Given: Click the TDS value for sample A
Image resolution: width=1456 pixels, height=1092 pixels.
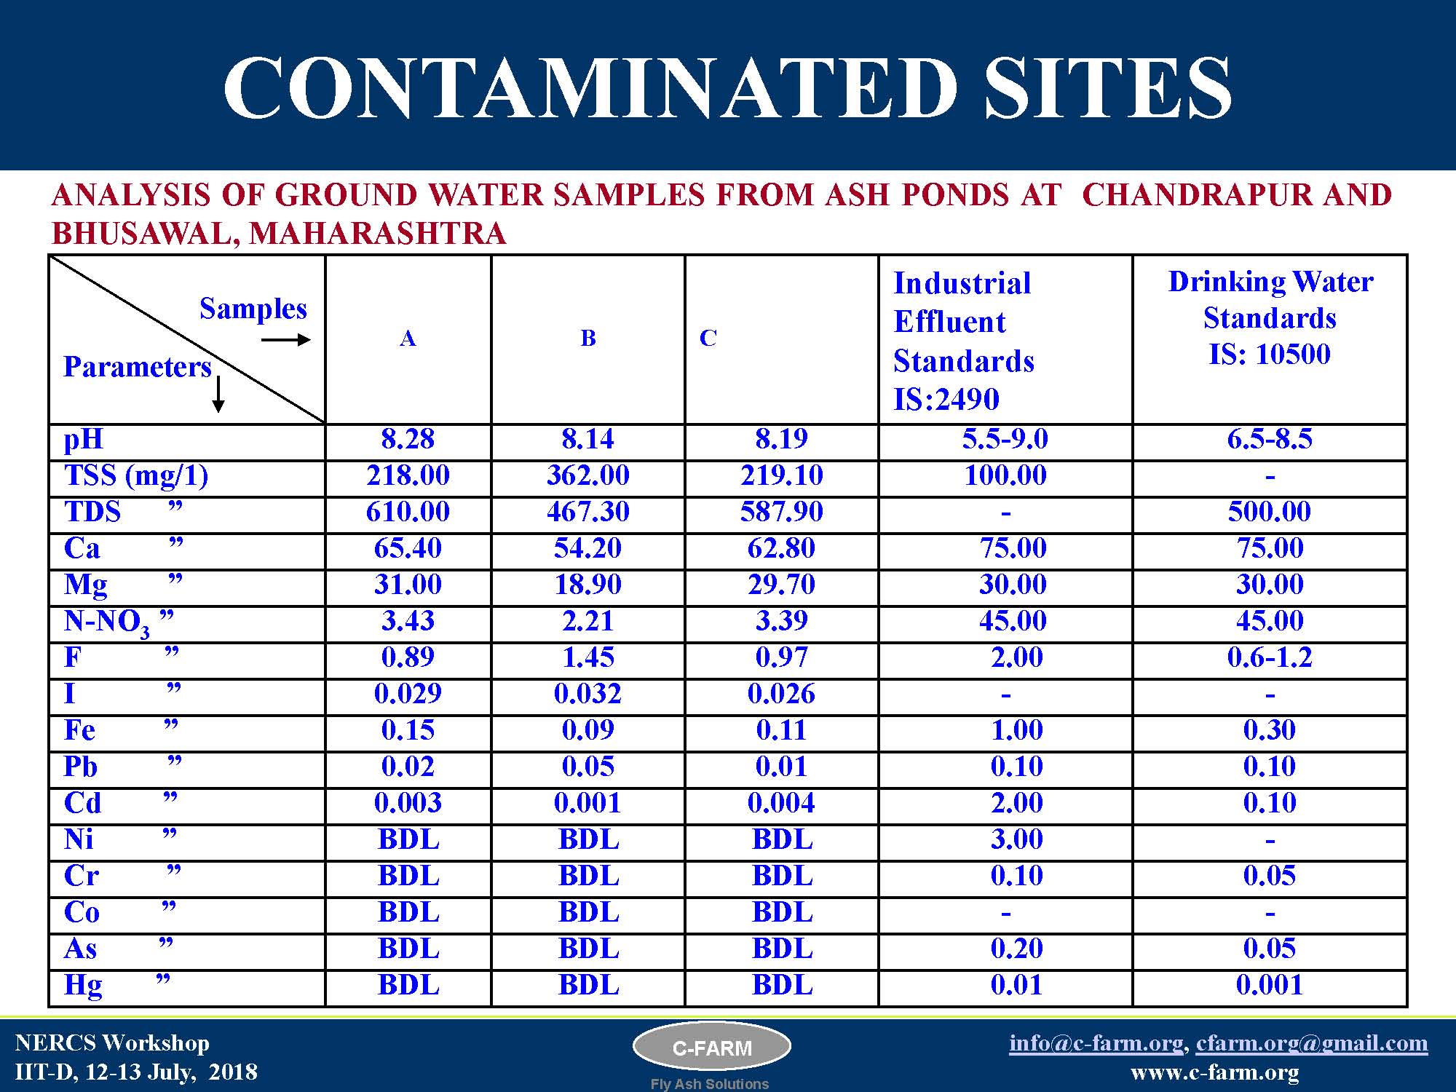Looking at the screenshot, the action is pyautogui.click(x=408, y=512).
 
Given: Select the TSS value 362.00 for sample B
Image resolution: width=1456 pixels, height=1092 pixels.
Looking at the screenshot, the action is pyautogui.click(x=588, y=475).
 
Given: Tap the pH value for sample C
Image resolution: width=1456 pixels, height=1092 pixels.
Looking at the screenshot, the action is pyautogui.click(x=782, y=439).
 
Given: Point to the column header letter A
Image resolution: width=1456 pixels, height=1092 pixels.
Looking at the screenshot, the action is pyautogui.click(x=408, y=339).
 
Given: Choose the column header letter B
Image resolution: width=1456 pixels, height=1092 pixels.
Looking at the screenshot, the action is pyautogui.click(x=588, y=338).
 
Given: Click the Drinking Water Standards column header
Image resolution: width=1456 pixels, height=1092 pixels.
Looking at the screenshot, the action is pyautogui.click(x=1270, y=318).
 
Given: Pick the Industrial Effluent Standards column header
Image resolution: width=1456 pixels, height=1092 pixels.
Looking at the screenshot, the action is pyautogui.click(x=963, y=341).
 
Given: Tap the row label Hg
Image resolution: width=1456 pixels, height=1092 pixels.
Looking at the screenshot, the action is pyautogui.click(x=83, y=986).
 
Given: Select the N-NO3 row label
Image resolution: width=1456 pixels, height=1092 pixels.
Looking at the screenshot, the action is pyautogui.click(x=107, y=622).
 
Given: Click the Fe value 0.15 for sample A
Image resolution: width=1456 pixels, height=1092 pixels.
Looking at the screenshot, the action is pyautogui.click(x=408, y=730).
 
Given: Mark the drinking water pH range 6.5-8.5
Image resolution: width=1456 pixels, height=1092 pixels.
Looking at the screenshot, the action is pyautogui.click(x=1270, y=439).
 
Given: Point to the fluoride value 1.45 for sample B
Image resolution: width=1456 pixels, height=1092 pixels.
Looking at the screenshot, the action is pyautogui.click(x=588, y=657).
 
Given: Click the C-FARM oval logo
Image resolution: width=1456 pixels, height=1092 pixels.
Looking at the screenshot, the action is pyautogui.click(x=712, y=1048).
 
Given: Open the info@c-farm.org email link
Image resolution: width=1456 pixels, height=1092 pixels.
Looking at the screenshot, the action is pyautogui.click(x=1096, y=1043).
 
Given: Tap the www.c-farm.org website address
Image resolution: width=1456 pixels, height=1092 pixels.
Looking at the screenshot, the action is pyautogui.click(x=1215, y=1072).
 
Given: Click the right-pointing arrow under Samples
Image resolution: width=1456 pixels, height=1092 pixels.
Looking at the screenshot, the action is pyautogui.click(x=286, y=340).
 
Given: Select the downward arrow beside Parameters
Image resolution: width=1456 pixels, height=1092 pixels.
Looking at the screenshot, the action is pyautogui.click(x=218, y=394).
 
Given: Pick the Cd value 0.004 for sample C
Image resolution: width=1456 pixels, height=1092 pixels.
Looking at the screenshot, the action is pyautogui.click(x=781, y=803).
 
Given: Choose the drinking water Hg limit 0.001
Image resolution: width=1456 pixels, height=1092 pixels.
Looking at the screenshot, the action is pyautogui.click(x=1270, y=985).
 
